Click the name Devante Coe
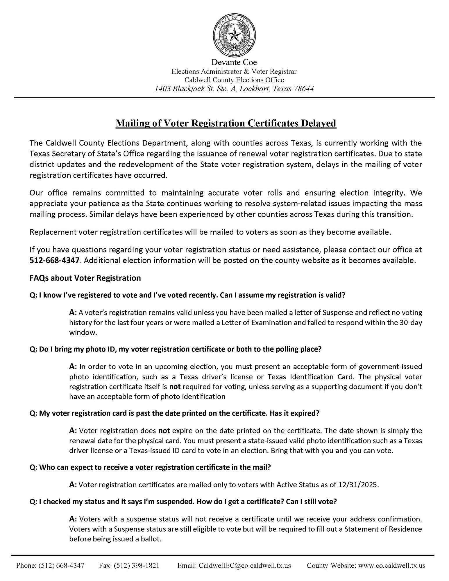coord(234,62)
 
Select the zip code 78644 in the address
coord(304,89)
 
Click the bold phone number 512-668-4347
coord(54,260)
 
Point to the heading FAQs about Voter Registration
coord(85,278)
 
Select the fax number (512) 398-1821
coord(137,565)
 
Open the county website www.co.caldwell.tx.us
coord(392,565)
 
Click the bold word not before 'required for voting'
coord(175,387)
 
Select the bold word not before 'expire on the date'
coord(164,431)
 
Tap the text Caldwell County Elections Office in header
coord(234,80)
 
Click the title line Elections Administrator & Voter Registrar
coord(234,71)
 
